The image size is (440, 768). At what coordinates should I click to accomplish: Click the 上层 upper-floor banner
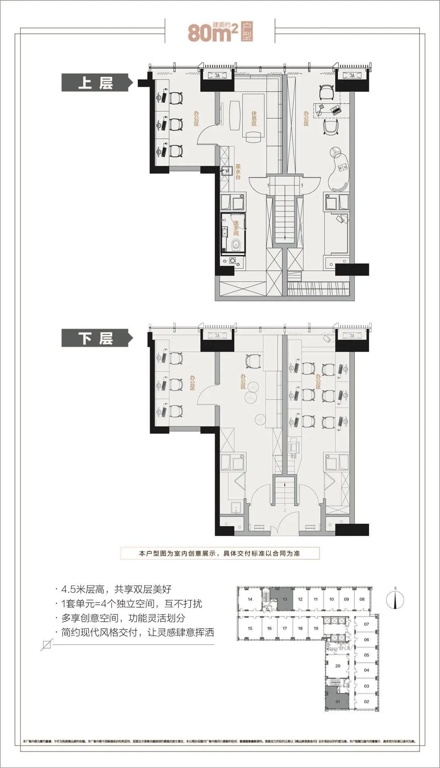click(96, 83)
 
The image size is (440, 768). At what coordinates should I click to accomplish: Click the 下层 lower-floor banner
click(96, 338)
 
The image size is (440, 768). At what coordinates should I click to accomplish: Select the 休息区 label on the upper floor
click(254, 118)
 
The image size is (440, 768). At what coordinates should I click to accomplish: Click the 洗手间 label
click(236, 228)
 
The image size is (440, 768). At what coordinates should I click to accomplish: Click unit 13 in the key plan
click(285, 599)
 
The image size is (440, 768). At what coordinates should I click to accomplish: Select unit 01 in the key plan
click(337, 701)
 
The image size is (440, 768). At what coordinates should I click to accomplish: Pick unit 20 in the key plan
click(337, 666)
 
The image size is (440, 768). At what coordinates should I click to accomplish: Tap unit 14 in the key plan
click(250, 599)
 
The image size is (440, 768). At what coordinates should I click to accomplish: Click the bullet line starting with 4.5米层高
click(116, 589)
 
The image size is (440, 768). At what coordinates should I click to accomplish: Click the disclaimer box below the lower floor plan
click(220, 553)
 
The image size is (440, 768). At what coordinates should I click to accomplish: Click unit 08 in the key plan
click(362, 599)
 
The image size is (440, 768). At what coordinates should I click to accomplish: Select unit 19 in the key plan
click(316, 628)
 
